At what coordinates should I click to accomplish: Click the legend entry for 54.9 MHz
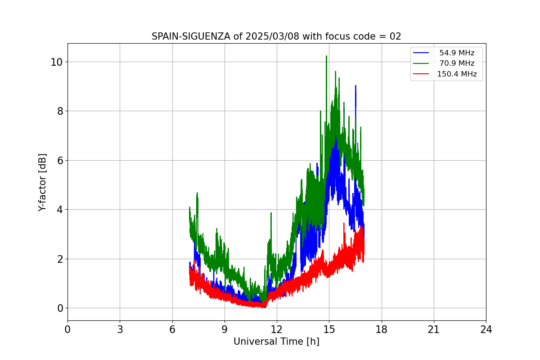456,53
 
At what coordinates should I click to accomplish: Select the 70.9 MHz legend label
456,63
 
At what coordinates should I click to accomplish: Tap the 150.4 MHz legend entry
456,74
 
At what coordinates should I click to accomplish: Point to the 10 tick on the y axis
56,62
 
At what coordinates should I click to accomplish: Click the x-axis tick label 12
277,330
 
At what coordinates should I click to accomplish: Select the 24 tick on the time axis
486,330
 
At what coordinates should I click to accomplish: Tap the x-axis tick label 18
382,330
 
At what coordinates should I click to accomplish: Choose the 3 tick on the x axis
120,330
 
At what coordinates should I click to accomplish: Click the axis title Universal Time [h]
276,342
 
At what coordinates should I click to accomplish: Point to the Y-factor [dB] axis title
42,182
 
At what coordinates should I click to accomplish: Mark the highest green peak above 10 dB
326,57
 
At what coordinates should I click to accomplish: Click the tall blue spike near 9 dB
355,86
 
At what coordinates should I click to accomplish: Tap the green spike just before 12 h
271,213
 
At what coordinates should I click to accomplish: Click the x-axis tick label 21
434,330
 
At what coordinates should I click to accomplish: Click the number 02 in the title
395,36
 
